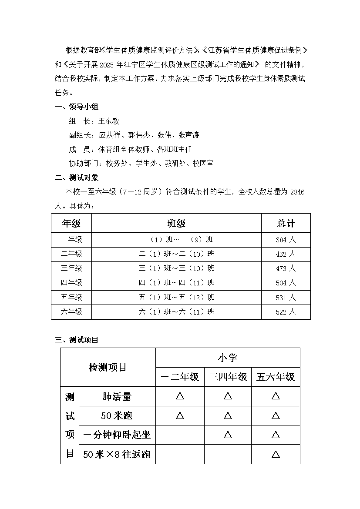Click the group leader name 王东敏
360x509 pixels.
click(x=109, y=121)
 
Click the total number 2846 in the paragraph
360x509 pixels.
click(x=297, y=192)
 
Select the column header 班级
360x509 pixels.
click(x=176, y=224)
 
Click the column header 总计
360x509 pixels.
click(x=286, y=224)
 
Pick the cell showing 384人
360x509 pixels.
click(x=286, y=240)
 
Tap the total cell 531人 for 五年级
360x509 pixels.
click(x=286, y=298)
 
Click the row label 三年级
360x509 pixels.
click(x=71, y=268)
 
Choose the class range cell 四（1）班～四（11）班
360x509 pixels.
click(x=176, y=283)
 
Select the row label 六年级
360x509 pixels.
click(x=71, y=312)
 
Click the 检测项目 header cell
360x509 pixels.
click(x=108, y=367)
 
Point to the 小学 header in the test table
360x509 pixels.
click(x=228, y=358)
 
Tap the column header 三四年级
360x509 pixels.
click(x=228, y=377)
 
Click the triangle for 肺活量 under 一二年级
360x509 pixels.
click(x=180, y=396)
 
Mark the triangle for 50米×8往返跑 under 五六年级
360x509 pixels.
click(x=276, y=455)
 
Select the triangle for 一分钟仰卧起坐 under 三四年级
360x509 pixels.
click(x=228, y=435)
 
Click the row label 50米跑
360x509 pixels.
click(x=117, y=415)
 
